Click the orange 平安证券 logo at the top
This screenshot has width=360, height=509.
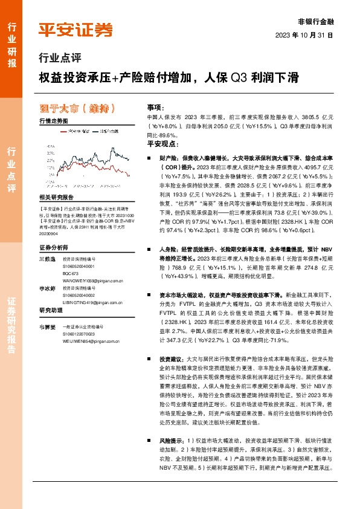click(x=75, y=29)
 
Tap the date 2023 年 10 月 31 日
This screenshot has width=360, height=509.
click(x=304, y=36)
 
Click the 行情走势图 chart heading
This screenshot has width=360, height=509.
click(x=53, y=122)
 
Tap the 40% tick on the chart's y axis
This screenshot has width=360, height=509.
click(x=43, y=146)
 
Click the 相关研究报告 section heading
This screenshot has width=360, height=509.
click(x=56, y=197)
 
